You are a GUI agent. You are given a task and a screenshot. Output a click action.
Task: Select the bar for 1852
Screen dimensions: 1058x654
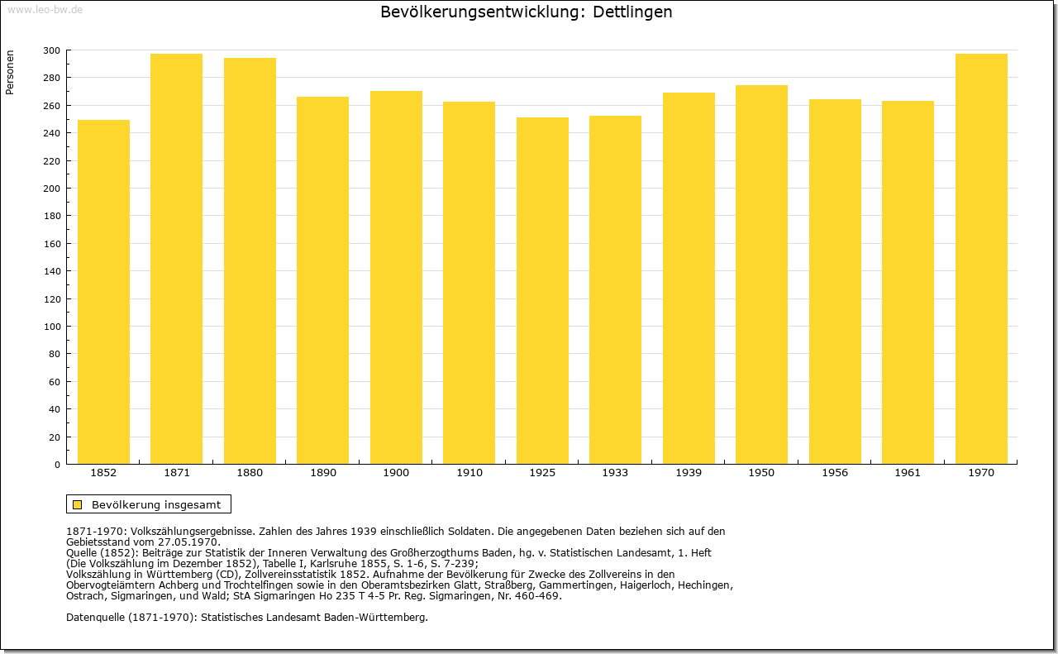pyautogui.click(x=103, y=292)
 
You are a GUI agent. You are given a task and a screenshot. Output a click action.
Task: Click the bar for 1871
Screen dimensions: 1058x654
pyautogui.click(x=177, y=259)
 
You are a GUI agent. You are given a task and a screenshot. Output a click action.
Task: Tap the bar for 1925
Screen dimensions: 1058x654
pyautogui.click(x=542, y=290)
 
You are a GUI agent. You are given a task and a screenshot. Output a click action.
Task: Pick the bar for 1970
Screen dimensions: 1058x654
pyautogui.click(x=981, y=259)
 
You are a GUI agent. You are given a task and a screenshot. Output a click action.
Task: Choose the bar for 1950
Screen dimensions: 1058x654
pyautogui.click(x=761, y=274)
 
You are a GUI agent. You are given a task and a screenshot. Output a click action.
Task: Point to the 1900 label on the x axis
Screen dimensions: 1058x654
pyautogui.click(x=396, y=473)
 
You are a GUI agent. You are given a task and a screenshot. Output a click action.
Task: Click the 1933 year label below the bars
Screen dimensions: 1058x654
pyautogui.click(x=615, y=473)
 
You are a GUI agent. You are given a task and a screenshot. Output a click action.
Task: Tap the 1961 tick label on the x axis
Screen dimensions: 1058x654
pyautogui.click(x=908, y=473)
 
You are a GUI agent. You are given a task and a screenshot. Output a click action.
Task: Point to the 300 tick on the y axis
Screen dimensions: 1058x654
pyautogui.click(x=51, y=50)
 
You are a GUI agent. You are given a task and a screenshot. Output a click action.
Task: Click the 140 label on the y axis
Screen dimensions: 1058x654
pyautogui.click(x=51, y=271)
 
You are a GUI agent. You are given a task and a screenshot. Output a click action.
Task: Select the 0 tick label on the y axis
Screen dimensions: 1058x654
pyautogui.click(x=57, y=465)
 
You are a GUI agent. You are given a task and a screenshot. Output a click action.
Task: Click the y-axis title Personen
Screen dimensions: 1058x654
pyautogui.click(x=9, y=72)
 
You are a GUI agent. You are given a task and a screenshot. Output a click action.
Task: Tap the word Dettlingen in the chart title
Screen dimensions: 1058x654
pyautogui.click(x=632, y=12)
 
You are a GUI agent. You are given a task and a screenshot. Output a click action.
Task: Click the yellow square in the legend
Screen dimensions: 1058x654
pyautogui.click(x=78, y=504)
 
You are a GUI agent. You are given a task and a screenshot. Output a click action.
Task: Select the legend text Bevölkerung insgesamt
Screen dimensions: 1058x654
pyautogui.click(x=156, y=504)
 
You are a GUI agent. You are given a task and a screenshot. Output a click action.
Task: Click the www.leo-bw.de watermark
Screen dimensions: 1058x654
pyautogui.click(x=45, y=9)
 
